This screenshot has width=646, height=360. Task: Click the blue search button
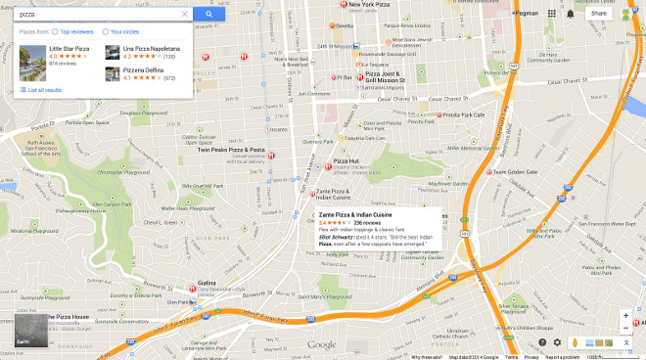[208, 15]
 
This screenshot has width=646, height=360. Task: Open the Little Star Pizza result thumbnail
[32, 55]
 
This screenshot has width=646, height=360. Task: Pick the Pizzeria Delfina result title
[143, 69]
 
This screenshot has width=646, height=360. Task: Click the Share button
[598, 14]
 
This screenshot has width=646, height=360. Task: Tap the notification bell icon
[571, 14]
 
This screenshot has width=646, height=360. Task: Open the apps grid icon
[551, 14]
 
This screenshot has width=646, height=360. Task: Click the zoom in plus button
[626, 315]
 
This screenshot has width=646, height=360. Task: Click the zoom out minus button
[626, 328]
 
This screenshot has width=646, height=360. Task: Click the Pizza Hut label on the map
[346, 159]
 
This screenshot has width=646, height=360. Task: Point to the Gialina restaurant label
[207, 282]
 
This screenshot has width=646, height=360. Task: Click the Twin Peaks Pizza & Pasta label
[231, 150]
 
